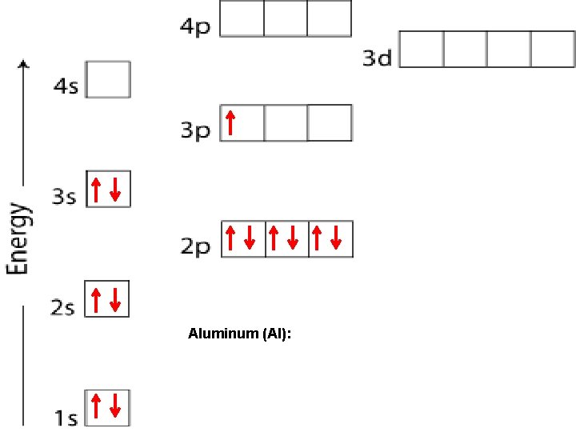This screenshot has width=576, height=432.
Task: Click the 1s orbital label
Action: click(x=66, y=417)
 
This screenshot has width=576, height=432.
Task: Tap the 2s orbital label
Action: click(x=63, y=308)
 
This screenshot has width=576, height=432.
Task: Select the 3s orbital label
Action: click(x=64, y=197)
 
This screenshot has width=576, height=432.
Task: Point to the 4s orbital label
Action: click(x=66, y=86)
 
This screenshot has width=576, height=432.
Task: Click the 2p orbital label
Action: click(x=194, y=246)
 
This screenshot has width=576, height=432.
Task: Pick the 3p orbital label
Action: click(x=194, y=130)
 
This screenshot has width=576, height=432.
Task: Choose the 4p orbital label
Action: click(x=195, y=26)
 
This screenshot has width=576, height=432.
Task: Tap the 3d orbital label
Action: click(x=377, y=58)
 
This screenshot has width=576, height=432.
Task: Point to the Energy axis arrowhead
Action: click(x=24, y=65)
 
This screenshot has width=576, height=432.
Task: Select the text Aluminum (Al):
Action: click(x=240, y=334)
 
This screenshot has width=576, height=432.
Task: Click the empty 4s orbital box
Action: click(x=108, y=80)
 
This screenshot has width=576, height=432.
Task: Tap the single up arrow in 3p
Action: click(x=230, y=122)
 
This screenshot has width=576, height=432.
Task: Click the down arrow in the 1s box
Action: click(x=115, y=406)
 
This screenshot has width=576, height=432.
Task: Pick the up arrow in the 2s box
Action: click(x=96, y=300)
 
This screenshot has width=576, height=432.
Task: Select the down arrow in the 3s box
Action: click(x=115, y=190)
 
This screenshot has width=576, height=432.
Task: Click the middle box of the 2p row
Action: click(x=286, y=238)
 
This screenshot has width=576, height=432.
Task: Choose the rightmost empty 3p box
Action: click(x=330, y=122)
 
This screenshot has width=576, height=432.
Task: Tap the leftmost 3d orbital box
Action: click(x=422, y=49)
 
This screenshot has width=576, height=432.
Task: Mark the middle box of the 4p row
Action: click(x=286, y=19)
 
